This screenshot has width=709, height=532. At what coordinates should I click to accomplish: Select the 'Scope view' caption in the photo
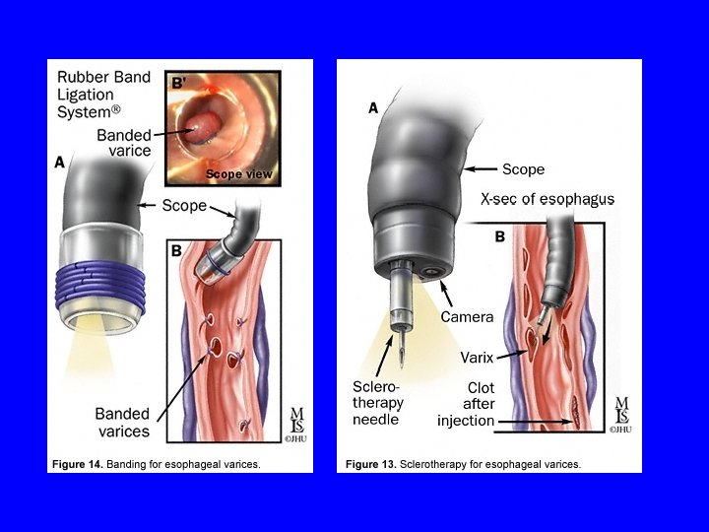tap(238, 174)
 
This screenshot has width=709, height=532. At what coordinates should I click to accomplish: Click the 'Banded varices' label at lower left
tap(122, 422)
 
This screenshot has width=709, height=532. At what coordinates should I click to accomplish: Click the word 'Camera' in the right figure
tap(467, 317)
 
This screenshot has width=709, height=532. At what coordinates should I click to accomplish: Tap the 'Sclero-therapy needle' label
tap(378, 403)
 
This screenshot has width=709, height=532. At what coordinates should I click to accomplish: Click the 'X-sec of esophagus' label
tap(548, 199)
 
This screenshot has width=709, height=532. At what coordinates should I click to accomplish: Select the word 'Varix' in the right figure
tap(477, 357)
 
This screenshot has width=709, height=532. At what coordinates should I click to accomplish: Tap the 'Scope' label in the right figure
tap(523, 169)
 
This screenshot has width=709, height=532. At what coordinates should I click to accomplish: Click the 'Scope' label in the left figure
tap(184, 206)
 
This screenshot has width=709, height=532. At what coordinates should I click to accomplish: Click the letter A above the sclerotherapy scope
tap(373, 108)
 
